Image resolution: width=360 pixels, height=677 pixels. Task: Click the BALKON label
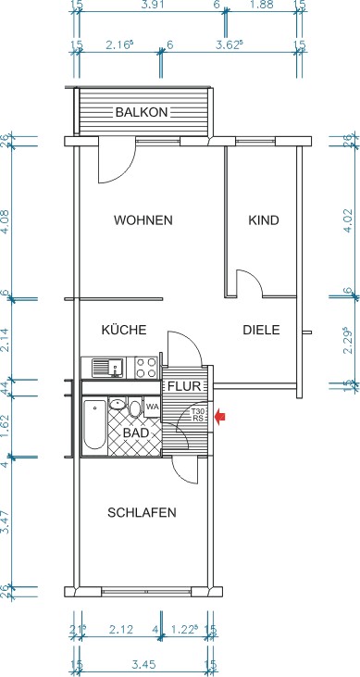point(142,112)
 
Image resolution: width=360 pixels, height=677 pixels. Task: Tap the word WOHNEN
point(143,220)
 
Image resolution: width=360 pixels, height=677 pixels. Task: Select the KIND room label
point(263,220)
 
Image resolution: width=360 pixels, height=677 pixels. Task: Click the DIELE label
point(261,330)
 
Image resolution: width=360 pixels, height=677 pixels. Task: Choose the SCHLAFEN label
point(142,512)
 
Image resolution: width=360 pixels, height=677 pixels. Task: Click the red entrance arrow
point(220,417)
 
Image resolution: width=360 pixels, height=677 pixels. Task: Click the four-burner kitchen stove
point(145,368)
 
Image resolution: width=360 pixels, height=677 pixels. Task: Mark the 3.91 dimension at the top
point(149,6)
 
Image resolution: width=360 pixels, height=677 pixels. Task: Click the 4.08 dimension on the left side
point(6,221)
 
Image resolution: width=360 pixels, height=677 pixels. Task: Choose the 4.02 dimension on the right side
point(348,219)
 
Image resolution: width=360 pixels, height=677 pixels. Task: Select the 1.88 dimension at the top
point(264,6)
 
